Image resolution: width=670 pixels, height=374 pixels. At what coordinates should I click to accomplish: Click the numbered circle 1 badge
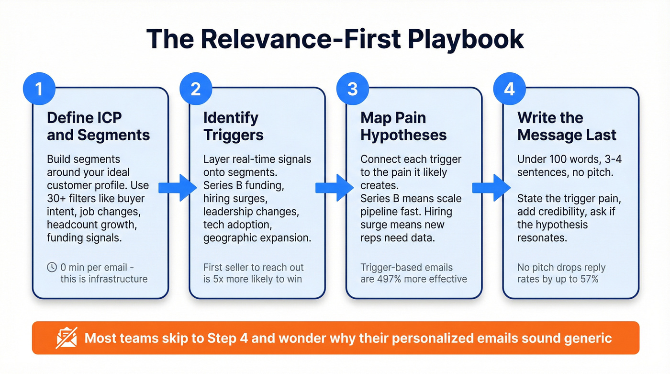coord(39,89)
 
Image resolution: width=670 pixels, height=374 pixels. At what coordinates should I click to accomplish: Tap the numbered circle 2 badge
coord(196,89)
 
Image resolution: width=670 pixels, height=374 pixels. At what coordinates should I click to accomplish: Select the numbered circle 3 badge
coord(353,89)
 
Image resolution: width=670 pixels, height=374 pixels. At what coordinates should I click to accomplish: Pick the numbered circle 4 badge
coord(510,89)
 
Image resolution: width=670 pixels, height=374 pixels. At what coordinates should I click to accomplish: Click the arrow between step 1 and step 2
coord(178,188)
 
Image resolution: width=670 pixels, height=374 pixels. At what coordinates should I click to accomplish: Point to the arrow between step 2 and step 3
coord(335,188)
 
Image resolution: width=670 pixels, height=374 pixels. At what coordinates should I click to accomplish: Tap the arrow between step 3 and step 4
coord(491,188)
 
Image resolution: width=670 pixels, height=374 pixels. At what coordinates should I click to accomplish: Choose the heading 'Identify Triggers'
coord(234,126)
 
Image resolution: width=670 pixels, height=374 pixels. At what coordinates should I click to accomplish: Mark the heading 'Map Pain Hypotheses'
coord(403,126)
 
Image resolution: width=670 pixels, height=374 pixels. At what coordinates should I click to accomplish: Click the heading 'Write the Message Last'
coord(567,126)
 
